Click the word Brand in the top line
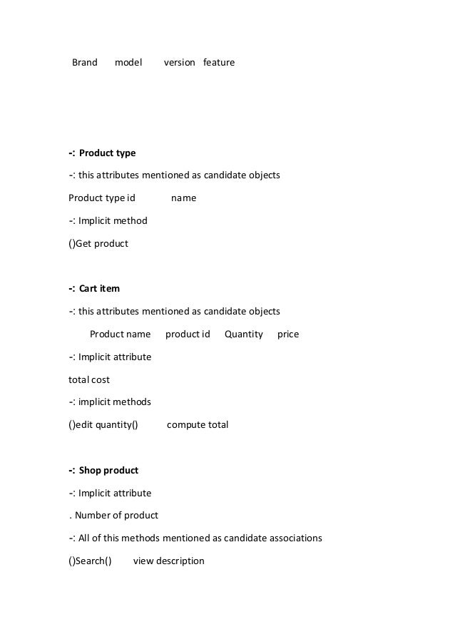[x=85, y=63]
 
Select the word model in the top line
[x=128, y=63]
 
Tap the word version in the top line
[x=179, y=63]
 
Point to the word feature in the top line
[x=219, y=63]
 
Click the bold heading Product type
[x=107, y=153]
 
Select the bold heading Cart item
[x=99, y=289]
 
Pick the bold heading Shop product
[x=108, y=471]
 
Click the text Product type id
[x=102, y=198]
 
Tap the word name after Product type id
[x=184, y=198]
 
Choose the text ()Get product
[x=98, y=244]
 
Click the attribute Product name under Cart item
[x=120, y=334]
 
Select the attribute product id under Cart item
[x=188, y=334]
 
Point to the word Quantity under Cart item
[x=244, y=334]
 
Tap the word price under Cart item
[x=288, y=334]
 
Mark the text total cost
[x=89, y=380]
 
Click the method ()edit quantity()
[x=103, y=425]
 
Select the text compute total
[x=198, y=425]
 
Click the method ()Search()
[x=91, y=561]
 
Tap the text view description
[x=169, y=561]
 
